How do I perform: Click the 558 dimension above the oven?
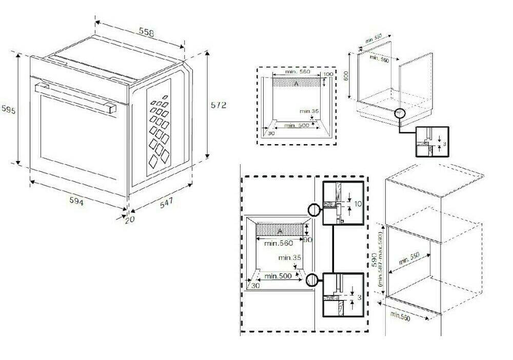(146, 32)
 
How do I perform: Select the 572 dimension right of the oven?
(219, 105)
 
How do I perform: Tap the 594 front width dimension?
(77, 201)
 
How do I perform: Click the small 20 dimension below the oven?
(129, 219)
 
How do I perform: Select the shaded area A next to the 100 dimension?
(296, 82)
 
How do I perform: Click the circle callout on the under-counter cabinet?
(399, 113)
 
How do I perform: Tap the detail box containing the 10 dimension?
(343, 203)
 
